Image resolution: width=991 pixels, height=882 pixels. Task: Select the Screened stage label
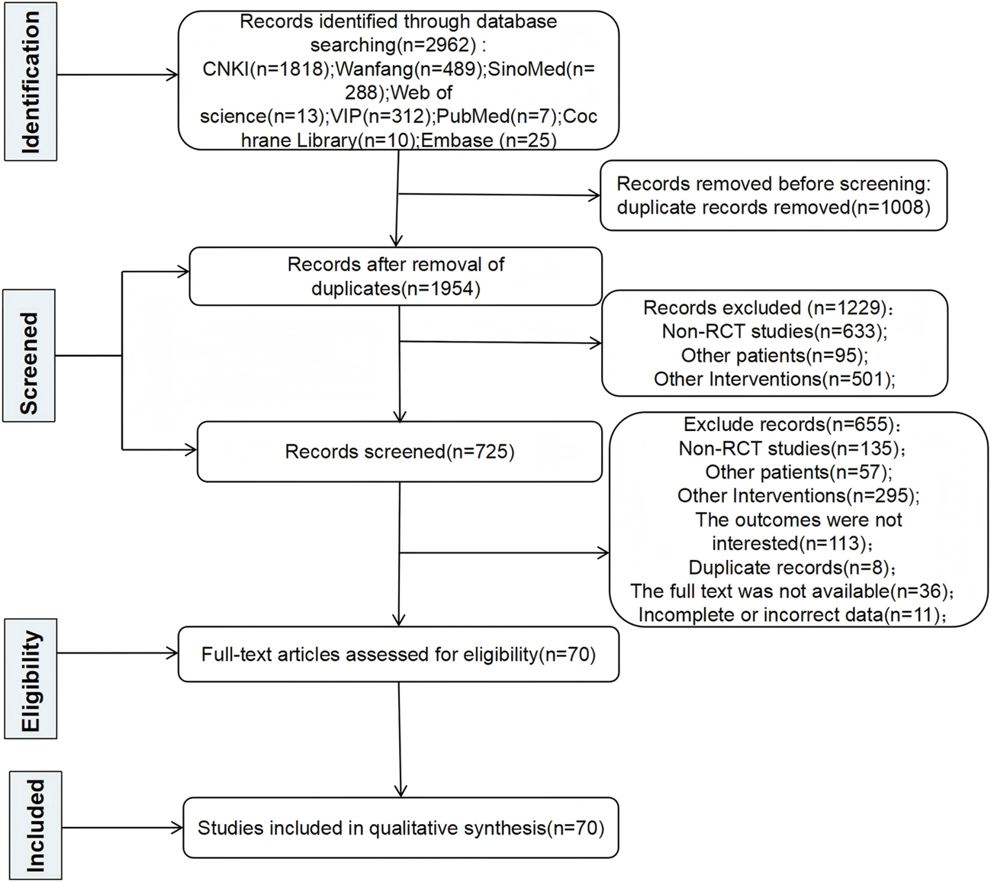point(29,356)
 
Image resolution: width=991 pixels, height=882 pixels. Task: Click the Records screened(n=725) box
point(399,452)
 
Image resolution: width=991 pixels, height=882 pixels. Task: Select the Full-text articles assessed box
point(398,654)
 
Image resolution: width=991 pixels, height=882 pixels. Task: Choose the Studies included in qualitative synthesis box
point(401,828)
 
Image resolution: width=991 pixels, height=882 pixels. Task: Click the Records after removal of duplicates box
point(395,276)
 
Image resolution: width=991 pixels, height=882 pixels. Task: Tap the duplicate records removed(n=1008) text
point(773,207)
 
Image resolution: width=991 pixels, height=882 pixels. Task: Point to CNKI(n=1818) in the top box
point(267,69)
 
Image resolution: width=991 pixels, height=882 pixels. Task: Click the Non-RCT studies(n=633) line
point(774,331)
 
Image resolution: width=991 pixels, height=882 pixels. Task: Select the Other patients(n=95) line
point(774,355)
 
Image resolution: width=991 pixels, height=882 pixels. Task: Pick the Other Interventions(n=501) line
point(774,379)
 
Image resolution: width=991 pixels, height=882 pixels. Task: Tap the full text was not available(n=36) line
point(792,591)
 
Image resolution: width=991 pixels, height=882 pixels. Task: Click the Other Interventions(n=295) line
point(798,496)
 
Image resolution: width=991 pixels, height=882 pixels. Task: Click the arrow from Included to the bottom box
point(122,827)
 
